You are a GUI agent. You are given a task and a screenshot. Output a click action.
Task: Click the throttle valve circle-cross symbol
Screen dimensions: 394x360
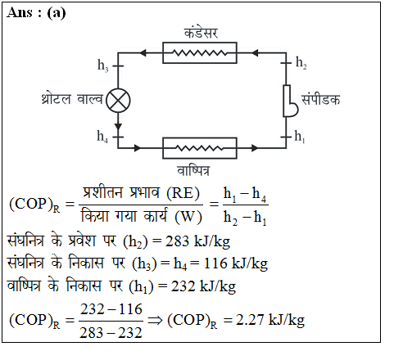(118, 101)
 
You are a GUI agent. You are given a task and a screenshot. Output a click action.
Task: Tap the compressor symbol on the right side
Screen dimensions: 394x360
(288, 101)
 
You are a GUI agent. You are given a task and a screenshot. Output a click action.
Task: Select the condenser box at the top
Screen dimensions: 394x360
(200, 52)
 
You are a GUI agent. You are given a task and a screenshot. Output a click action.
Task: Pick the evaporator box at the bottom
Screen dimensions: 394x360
(200, 148)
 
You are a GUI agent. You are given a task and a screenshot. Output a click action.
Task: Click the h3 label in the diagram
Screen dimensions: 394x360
(103, 65)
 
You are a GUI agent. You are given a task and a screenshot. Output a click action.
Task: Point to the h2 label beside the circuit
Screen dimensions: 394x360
(301, 63)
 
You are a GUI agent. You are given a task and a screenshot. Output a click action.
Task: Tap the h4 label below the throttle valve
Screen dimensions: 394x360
(102, 136)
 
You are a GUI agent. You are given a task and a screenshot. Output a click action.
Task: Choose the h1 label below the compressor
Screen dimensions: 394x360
(300, 136)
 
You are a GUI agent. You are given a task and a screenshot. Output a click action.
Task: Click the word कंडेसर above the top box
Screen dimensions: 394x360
(201, 33)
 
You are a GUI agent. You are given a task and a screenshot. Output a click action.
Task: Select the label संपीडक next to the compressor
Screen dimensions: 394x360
(320, 99)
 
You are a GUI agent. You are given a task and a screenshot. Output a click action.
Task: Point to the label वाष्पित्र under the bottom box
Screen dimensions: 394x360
(193, 171)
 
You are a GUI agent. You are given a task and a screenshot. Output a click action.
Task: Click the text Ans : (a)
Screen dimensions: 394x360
(36, 13)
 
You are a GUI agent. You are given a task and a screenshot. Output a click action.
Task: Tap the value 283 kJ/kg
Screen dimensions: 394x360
(197, 241)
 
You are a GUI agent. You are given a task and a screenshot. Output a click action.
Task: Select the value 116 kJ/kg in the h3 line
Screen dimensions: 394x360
(236, 263)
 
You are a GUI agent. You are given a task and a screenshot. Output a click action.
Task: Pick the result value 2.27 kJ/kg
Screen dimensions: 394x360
(270, 320)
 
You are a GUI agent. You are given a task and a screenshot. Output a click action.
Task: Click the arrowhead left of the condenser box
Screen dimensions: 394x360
(143, 53)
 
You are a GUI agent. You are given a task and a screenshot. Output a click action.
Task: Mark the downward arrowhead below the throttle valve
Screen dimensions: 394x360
(118, 126)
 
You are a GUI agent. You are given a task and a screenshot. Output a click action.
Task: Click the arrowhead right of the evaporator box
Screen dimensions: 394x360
(255, 148)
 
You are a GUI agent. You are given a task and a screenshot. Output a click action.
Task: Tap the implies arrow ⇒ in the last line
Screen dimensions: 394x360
(155, 320)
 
